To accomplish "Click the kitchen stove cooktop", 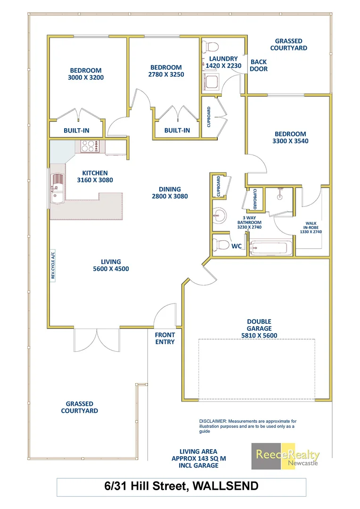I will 89,147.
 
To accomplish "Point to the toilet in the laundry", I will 210,47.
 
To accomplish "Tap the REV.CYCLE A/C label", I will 53,265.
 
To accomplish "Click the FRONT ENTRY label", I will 165,338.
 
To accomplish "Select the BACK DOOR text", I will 259,66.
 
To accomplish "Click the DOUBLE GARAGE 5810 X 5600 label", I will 259,328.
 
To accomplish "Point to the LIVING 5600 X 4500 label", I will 111,265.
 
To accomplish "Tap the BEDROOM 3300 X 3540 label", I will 290,137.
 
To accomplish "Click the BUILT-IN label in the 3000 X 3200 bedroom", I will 76,131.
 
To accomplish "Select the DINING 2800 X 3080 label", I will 170,193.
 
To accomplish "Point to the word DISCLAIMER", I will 213,421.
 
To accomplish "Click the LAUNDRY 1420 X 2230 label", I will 223,62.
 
